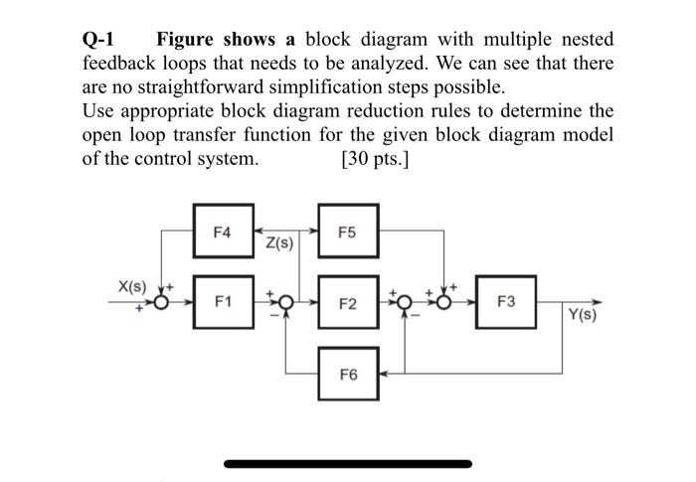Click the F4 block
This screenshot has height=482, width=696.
tap(222, 232)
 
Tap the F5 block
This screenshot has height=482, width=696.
tap(347, 232)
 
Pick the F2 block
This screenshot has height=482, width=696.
tap(347, 301)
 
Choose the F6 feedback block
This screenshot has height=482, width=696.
tap(347, 374)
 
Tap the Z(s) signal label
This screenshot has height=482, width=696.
tap(279, 241)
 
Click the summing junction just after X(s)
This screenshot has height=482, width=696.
tap(161, 302)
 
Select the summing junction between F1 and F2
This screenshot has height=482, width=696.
tap(286, 302)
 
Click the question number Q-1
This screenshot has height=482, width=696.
tap(99, 41)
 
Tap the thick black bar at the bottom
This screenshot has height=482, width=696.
tap(347, 463)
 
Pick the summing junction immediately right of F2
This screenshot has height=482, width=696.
tap(406, 302)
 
